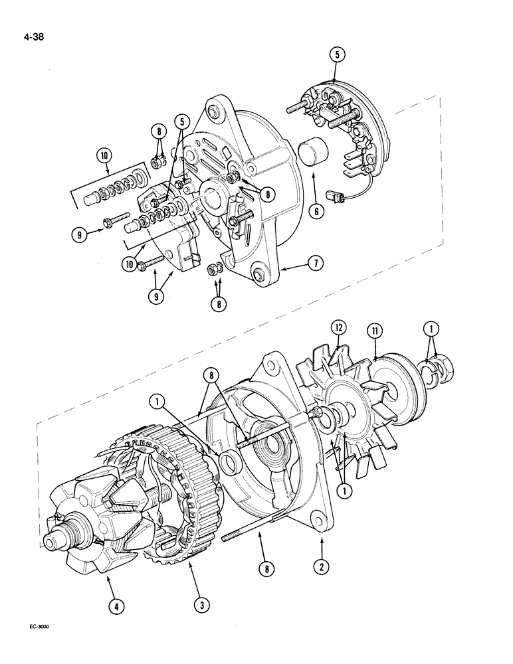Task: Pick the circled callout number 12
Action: pyautogui.click(x=340, y=327)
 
